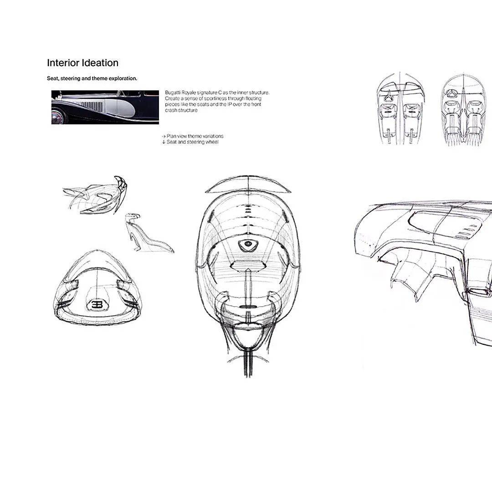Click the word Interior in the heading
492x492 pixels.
click(63, 63)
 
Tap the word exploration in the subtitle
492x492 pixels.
click(123, 78)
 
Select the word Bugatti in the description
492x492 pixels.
click(173, 92)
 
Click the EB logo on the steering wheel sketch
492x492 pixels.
click(97, 304)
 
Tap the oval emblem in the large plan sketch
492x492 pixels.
click(248, 244)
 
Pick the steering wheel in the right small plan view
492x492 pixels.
click(453, 93)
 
